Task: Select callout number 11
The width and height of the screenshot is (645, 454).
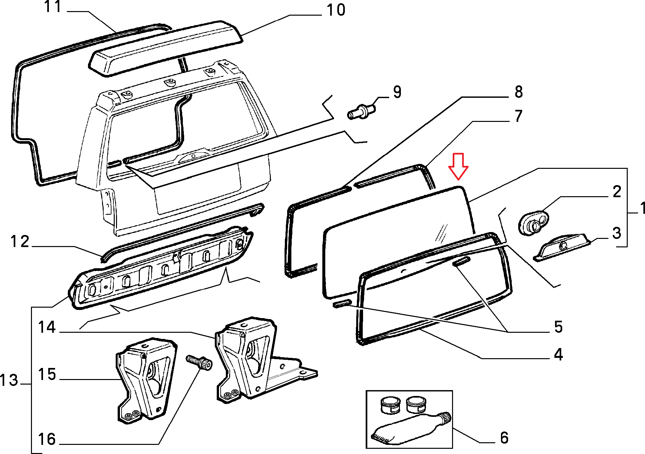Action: point(53,7)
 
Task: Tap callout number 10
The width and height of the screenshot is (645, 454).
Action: point(336,10)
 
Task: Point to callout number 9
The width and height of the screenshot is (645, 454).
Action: point(397,92)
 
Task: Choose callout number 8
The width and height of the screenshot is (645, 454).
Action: point(519,92)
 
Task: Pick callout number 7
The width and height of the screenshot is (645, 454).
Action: point(519,116)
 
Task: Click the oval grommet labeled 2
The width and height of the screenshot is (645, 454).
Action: point(534,224)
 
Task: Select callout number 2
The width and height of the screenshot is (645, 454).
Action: point(617,192)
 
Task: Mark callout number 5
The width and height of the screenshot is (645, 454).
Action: point(558,327)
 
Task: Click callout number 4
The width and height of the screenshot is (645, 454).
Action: point(558,355)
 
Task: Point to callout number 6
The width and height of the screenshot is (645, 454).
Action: point(504,438)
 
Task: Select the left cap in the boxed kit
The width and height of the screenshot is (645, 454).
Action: point(390,405)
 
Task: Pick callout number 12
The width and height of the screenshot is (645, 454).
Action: point(20,242)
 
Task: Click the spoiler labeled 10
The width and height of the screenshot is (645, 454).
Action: point(166,49)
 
